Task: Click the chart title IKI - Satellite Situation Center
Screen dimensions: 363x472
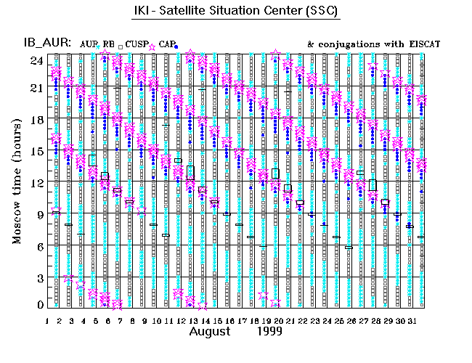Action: tap(236, 13)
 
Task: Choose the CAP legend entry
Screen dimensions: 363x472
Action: tap(166, 45)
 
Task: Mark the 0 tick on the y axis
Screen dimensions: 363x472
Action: tap(40, 306)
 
